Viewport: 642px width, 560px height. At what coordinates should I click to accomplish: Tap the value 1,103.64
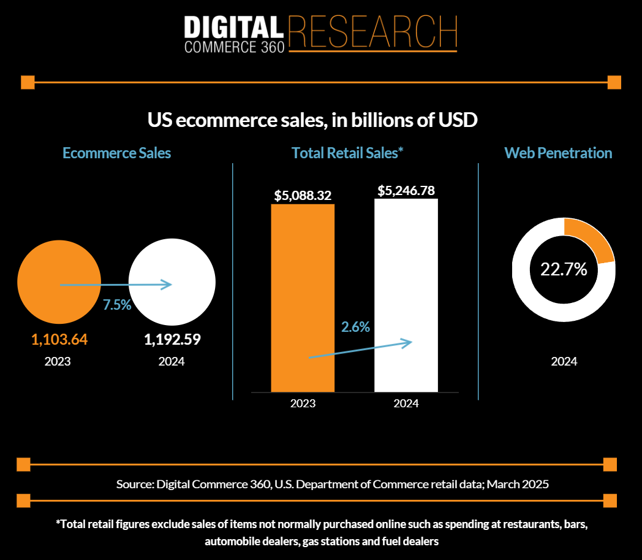tap(59, 339)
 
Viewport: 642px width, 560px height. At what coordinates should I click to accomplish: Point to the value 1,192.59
tap(173, 339)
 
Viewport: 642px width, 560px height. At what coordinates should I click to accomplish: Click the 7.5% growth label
tap(117, 305)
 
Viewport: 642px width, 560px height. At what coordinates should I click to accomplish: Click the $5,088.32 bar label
tap(303, 196)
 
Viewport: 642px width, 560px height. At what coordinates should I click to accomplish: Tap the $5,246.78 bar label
tap(407, 190)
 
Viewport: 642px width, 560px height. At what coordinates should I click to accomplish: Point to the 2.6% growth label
tap(355, 327)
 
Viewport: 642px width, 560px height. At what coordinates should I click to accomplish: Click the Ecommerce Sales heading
tap(117, 153)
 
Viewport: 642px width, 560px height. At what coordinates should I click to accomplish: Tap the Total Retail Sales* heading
tap(347, 153)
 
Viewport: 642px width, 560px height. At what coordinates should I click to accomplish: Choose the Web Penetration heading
tap(558, 153)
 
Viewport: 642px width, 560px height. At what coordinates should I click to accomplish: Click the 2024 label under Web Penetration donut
tap(564, 361)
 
